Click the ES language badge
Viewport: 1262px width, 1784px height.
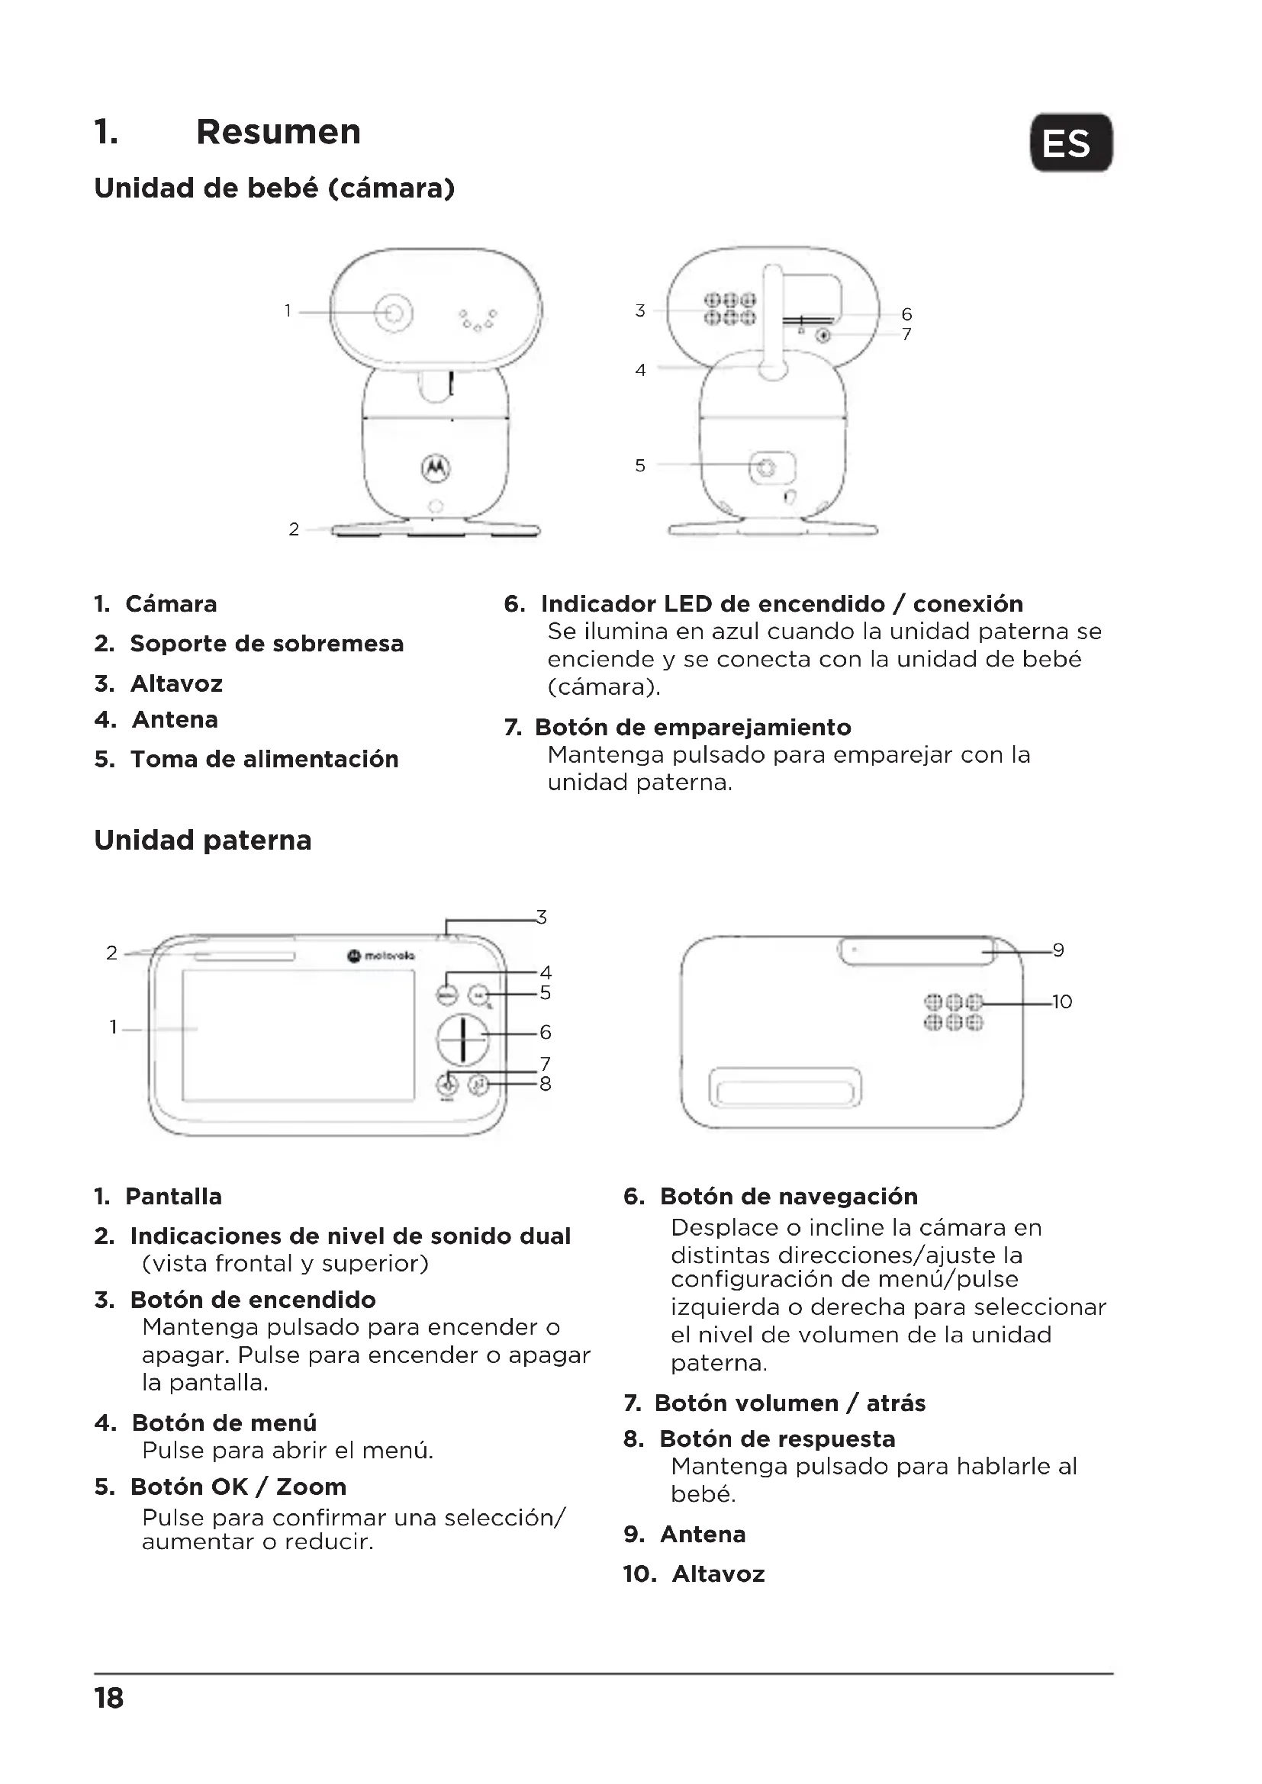tap(1070, 143)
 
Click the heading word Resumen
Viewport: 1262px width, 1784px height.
tap(278, 132)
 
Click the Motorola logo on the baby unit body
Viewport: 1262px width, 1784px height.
tap(435, 466)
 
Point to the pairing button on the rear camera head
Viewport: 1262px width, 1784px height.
tap(824, 335)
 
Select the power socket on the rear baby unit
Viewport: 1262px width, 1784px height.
tap(767, 468)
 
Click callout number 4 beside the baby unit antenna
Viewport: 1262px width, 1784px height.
tap(640, 371)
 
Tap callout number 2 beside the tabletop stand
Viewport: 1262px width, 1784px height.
tap(294, 530)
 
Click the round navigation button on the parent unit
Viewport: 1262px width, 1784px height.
tap(462, 1039)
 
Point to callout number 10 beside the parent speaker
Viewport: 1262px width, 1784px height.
tap(1061, 1002)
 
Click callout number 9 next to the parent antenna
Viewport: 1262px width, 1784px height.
tap(1058, 950)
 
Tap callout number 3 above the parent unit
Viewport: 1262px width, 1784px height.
tap(542, 918)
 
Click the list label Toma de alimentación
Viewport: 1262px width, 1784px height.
tap(264, 759)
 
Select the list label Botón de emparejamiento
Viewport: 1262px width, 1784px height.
tap(692, 728)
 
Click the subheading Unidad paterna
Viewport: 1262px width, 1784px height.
tap(203, 840)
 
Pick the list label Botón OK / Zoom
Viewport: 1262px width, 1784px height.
tap(238, 1487)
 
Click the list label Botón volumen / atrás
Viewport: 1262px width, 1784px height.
tap(790, 1403)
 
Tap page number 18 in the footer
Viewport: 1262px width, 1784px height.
tap(110, 1698)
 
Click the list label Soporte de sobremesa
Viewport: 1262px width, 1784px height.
tap(266, 644)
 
